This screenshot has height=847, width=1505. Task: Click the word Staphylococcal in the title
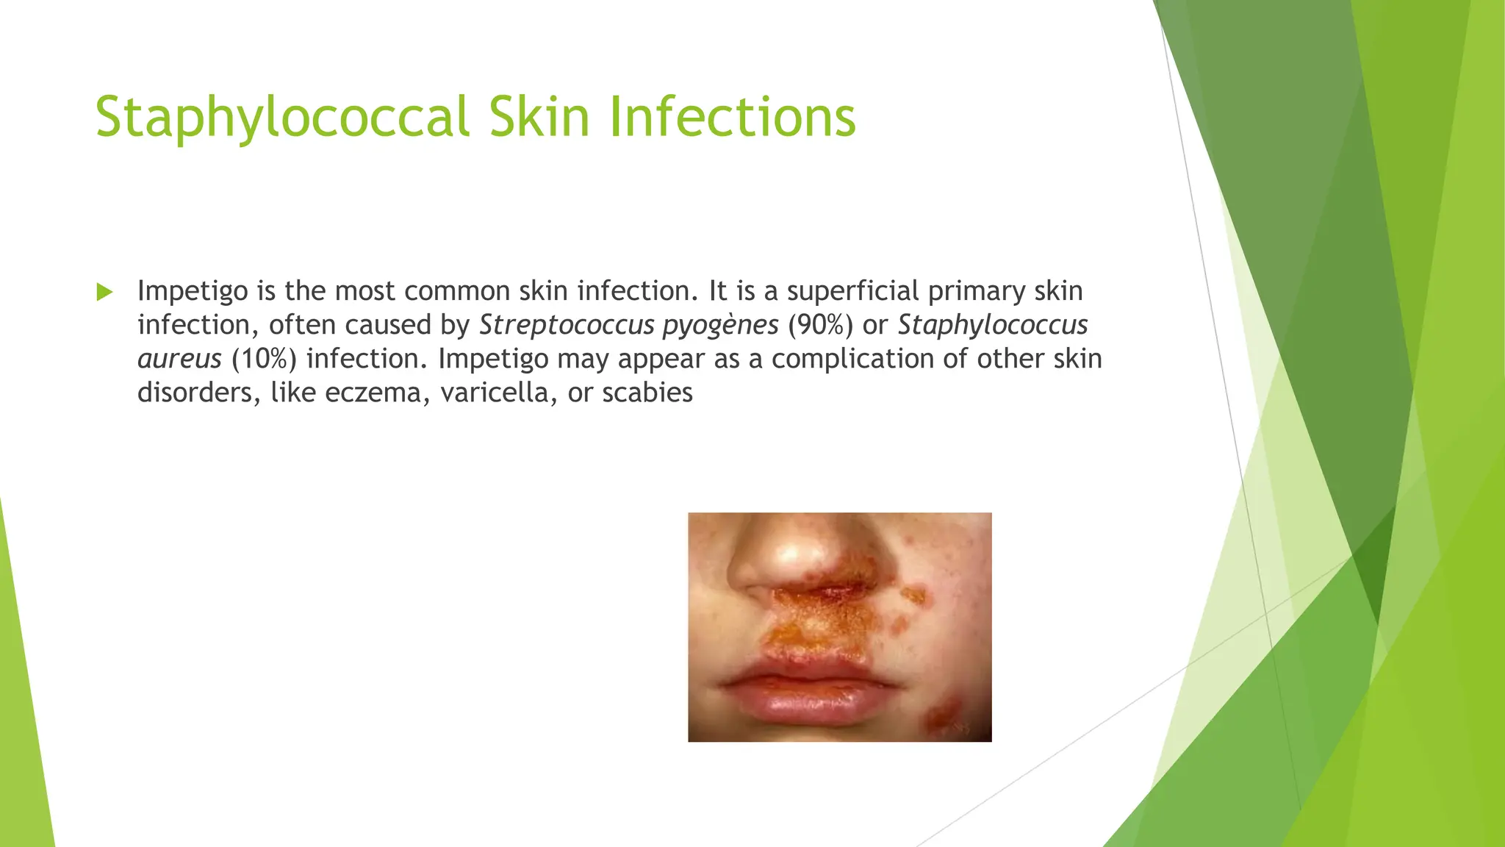(282, 118)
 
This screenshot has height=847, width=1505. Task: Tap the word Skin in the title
(539, 118)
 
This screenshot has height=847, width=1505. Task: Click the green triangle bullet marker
(104, 292)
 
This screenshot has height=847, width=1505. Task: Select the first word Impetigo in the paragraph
(193, 292)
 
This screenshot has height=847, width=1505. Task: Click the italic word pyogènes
(720, 325)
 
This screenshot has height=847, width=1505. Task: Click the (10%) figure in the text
(264, 359)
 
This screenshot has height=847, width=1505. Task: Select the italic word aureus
(179, 359)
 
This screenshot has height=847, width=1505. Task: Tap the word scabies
(647, 393)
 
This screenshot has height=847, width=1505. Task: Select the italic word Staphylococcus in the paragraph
(993, 325)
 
